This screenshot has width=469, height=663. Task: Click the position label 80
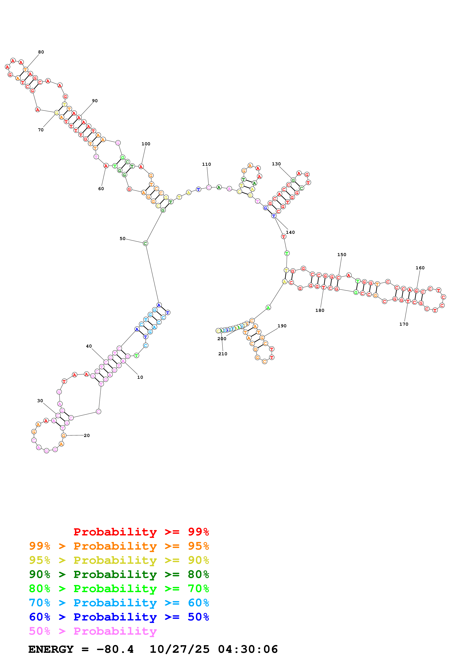41,52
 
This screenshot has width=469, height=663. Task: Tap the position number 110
206,164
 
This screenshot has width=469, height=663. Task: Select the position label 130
276,164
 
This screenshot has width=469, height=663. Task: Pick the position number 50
123,239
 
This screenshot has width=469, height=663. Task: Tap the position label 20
87,435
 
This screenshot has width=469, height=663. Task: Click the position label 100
146,144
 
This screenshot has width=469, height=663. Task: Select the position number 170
404,324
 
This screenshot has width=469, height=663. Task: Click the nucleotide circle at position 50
145,243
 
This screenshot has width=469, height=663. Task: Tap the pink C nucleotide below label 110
209,188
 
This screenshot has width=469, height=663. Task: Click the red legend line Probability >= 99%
141,532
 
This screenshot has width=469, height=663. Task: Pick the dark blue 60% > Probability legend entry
119,617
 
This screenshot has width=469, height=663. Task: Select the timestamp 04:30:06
248,649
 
